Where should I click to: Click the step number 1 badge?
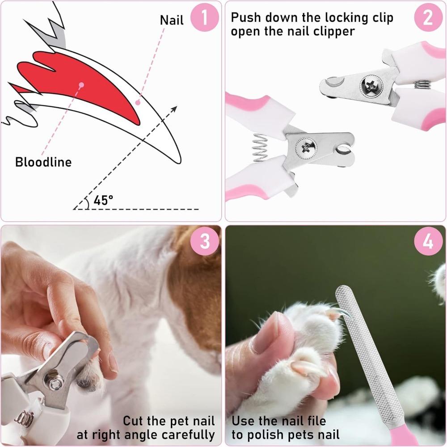[205, 18]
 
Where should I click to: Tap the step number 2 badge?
[428, 18]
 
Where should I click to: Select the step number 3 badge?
[205, 242]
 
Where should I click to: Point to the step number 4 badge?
[428, 242]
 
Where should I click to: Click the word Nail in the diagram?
[172, 21]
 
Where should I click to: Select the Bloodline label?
[43, 162]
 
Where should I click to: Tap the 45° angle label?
[103, 200]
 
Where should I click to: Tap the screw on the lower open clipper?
[307, 146]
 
